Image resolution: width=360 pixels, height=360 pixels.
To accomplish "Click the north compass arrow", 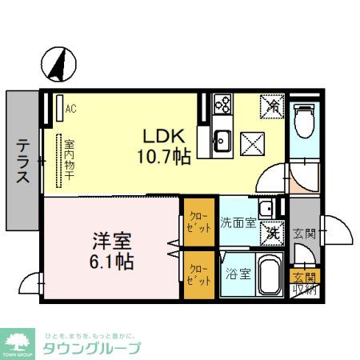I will click(57, 65).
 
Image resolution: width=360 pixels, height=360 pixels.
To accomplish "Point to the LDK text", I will click(166, 135).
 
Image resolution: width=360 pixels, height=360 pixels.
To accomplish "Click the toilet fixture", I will click(303, 120).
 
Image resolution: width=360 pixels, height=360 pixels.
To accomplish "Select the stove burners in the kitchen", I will click(222, 105).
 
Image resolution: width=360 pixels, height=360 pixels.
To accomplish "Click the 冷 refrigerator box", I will click(272, 105).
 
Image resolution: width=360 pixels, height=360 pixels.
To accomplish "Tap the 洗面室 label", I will click(238, 222).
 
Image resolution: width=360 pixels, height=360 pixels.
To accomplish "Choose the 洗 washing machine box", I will click(273, 233).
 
